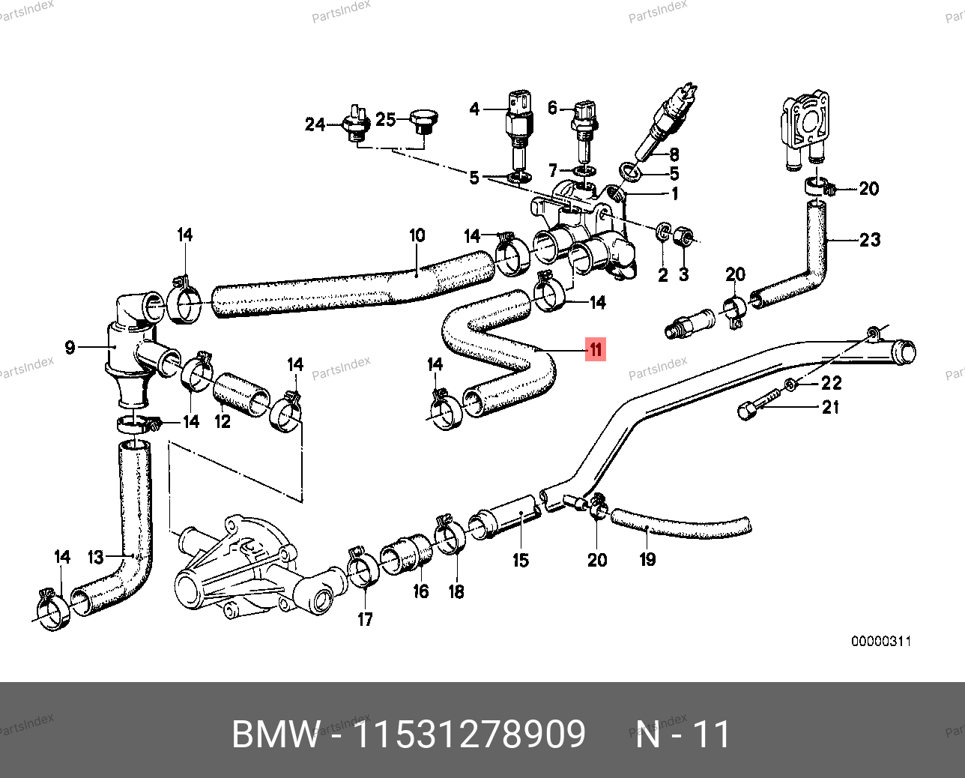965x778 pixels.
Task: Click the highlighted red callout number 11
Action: coord(596,349)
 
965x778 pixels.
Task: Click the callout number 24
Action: coord(315,124)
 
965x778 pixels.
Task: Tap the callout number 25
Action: coord(385,120)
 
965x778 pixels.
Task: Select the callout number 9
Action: coord(70,348)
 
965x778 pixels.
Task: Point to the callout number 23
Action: coord(870,240)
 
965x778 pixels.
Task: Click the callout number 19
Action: coord(648,559)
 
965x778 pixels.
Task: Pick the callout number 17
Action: coord(365,619)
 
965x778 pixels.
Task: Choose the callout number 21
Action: coord(831,408)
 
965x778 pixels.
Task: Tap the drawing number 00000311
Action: coord(881,642)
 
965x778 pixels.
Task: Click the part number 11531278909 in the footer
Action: coord(469,735)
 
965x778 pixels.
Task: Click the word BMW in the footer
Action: coord(276,735)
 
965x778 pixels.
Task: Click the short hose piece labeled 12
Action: coord(241,395)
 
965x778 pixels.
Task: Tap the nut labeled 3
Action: coord(683,237)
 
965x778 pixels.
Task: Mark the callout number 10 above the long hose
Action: coord(417,235)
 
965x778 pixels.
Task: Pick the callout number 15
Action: coord(521,560)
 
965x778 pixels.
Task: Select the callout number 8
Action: coord(674,154)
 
